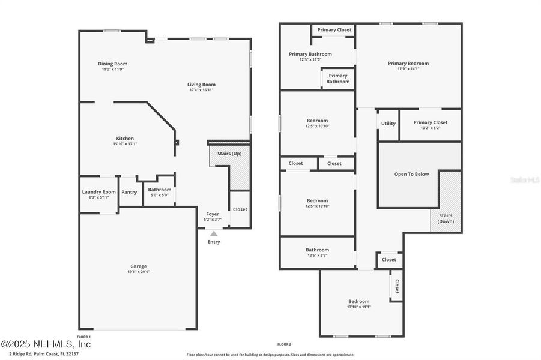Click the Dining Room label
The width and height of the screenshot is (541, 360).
[x=112, y=64]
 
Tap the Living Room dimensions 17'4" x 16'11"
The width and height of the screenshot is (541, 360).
[x=201, y=90]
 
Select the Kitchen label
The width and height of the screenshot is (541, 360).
[x=125, y=139]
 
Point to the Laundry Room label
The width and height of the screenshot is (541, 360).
[x=98, y=192]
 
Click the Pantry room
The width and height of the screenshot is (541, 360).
[x=129, y=192]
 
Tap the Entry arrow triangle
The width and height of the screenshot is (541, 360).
[x=213, y=234]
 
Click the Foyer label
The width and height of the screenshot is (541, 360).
[x=213, y=214]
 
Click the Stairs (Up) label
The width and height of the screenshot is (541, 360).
[x=229, y=154]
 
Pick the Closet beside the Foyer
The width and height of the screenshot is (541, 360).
[x=240, y=209]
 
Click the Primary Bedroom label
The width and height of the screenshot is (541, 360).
[x=408, y=64]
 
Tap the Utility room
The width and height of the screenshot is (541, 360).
[x=388, y=124]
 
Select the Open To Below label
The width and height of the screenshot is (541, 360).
[x=411, y=174]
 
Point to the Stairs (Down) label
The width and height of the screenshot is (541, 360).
[x=446, y=218]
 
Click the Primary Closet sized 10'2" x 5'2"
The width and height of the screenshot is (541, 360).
[x=430, y=125]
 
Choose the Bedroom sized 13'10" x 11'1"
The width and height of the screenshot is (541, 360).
[x=359, y=304]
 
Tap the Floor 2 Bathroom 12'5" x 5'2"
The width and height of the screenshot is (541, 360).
[x=317, y=253]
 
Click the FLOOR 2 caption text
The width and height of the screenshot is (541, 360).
[x=284, y=344]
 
